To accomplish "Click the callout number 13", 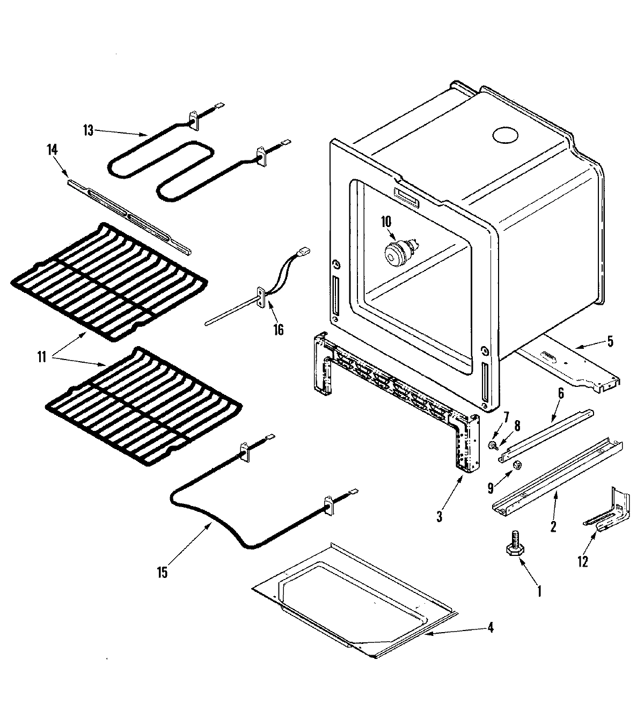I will [x=89, y=130].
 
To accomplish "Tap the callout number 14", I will [x=52, y=151].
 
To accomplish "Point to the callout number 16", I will [x=278, y=329].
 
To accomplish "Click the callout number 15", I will [x=162, y=573].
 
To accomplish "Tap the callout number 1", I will [x=539, y=591].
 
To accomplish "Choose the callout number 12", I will [x=582, y=562].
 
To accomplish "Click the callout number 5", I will [x=610, y=340].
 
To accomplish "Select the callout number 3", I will [x=440, y=517].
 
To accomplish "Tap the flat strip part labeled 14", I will [x=129, y=216].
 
